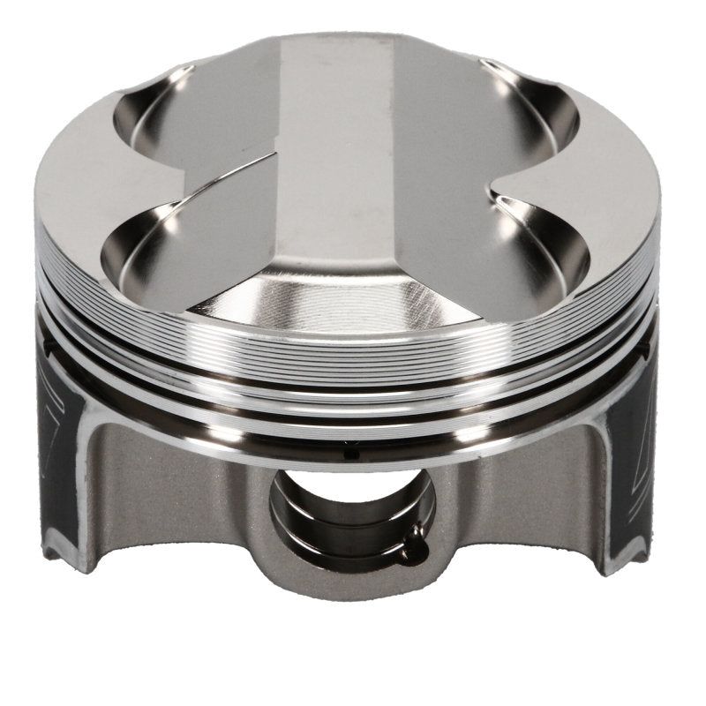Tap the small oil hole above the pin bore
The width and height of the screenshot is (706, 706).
pos(348,454)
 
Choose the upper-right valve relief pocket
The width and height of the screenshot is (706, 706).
pos(529,106)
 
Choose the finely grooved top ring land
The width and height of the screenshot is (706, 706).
pos(353,353)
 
